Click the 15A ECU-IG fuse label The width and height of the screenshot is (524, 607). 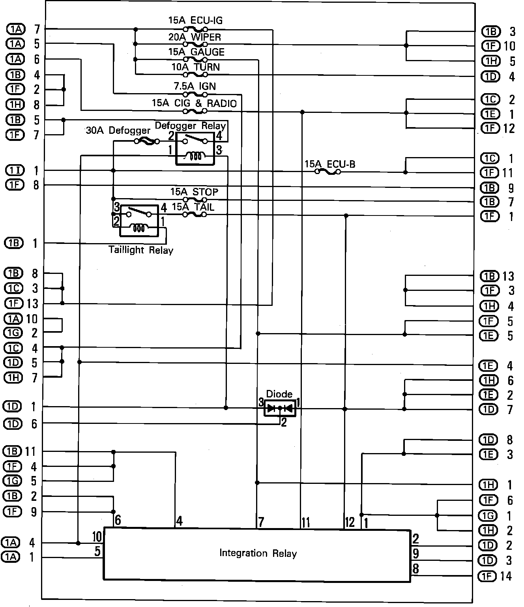coord(195,20)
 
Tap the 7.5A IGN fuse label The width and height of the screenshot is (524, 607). coord(195,86)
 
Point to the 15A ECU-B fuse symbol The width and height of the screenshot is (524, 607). coord(328,172)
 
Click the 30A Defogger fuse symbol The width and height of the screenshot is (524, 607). coord(147,141)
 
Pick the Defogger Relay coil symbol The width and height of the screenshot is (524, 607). coord(195,156)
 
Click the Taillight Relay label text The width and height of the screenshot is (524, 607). coord(141,250)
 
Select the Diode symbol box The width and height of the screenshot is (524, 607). coord(280,408)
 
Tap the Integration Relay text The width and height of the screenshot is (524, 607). coord(258,553)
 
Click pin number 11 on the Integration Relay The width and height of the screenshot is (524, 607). coord(305,523)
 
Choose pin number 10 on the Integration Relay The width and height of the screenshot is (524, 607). coord(97,536)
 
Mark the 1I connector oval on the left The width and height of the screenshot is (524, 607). coord(15,170)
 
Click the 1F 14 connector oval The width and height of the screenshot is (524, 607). coord(488,576)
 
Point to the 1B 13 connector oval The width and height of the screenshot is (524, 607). coord(489,276)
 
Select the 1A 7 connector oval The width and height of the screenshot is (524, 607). coord(15,29)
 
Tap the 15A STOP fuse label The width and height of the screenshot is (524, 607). coord(194,192)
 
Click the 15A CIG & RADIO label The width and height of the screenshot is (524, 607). coord(194,103)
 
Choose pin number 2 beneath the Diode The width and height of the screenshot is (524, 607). coord(283,422)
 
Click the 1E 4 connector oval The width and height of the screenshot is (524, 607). coord(488,366)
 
